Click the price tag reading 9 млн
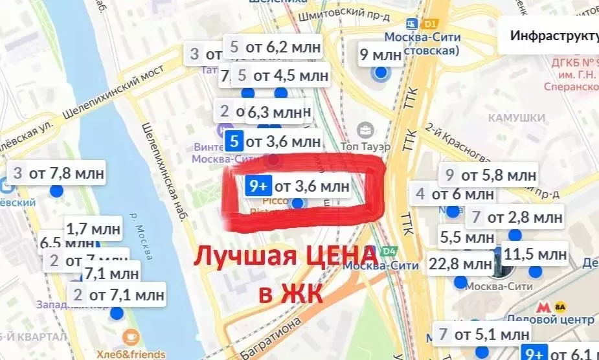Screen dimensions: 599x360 (381, 54)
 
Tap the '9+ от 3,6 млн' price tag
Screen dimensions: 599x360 (299, 186)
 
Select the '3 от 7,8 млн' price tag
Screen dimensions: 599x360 (57, 174)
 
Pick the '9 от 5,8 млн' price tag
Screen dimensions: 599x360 (491, 174)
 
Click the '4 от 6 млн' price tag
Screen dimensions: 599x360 (453, 194)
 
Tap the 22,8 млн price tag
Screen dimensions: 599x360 (460, 264)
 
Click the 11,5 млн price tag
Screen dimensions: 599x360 (535, 254)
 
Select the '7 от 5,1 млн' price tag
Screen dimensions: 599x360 (483, 335)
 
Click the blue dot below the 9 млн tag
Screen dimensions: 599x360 (381, 73)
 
